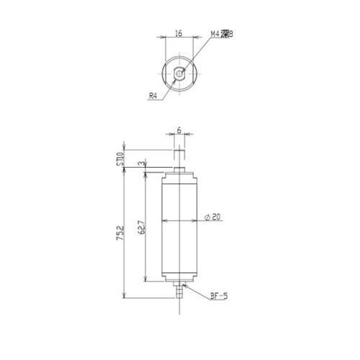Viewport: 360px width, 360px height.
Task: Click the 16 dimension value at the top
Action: (179, 33)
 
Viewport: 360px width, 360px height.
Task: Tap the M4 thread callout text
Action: (222, 34)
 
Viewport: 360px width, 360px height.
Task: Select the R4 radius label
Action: (153, 96)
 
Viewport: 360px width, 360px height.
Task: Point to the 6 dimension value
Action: (179, 130)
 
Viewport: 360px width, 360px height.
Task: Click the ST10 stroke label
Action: (122, 158)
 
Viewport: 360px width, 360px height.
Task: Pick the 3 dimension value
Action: (143, 163)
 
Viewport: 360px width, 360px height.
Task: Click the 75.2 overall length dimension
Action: (121, 233)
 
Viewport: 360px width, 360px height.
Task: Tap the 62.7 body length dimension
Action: (142, 228)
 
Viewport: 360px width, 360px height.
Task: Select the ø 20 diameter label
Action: (212, 217)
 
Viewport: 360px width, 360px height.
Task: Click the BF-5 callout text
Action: (219, 296)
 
